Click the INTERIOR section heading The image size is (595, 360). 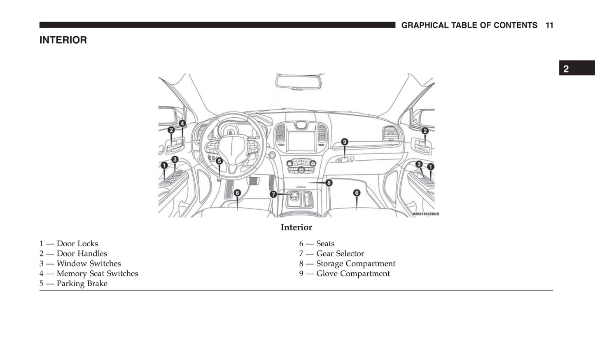click(x=63, y=40)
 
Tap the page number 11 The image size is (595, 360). click(x=549, y=25)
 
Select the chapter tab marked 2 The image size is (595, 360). click(x=566, y=69)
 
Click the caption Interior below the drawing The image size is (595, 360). click(x=296, y=227)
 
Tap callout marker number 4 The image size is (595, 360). click(x=182, y=123)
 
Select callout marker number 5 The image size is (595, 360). click(x=219, y=161)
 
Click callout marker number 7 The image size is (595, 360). click(x=273, y=194)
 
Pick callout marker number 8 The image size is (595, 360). click(x=329, y=182)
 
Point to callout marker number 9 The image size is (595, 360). click(x=345, y=142)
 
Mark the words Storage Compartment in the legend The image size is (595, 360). click(x=355, y=264)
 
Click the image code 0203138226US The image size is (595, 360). click(x=426, y=214)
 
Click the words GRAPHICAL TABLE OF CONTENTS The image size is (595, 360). click(x=469, y=25)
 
